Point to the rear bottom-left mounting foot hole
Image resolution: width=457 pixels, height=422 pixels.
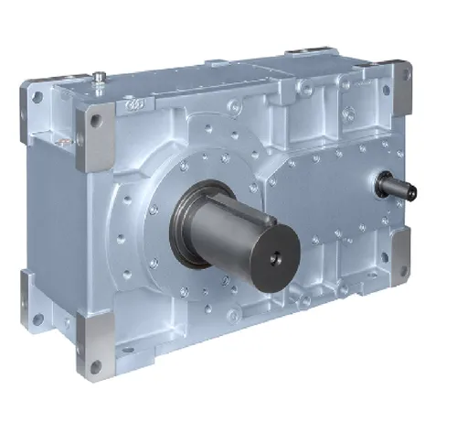(37, 318)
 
